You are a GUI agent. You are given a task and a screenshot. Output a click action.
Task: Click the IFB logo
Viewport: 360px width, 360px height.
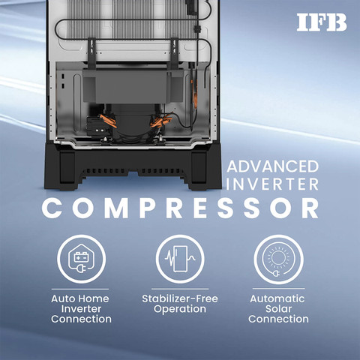(322, 22)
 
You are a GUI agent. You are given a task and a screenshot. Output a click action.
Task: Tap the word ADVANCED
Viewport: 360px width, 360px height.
(273, 166)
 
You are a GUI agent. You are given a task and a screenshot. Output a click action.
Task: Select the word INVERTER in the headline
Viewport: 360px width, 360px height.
(272, 184)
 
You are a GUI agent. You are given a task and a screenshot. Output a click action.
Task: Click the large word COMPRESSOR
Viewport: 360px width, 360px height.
(180, 208)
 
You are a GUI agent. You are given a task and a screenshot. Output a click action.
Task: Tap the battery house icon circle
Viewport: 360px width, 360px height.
(81, 259)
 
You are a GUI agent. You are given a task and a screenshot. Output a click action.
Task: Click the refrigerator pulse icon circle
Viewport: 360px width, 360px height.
(180, 259)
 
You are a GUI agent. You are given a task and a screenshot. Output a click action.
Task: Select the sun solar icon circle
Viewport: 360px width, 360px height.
(278, 259)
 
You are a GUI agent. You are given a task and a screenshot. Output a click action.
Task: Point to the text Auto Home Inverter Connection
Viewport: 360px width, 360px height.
(81, 309)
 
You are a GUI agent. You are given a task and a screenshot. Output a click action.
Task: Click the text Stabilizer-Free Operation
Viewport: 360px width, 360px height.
(180, 304)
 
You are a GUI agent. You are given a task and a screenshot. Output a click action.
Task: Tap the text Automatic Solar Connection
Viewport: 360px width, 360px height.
(278, 309)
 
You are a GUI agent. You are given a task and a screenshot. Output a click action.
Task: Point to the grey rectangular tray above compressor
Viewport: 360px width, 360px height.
(133, 85)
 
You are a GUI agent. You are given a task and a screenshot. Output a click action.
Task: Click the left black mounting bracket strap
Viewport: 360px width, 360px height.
(91, 53)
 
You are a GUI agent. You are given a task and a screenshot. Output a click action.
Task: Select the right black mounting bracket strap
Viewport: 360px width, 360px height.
(175, 53)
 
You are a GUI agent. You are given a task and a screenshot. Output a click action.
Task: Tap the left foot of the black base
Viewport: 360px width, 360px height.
(67, 170)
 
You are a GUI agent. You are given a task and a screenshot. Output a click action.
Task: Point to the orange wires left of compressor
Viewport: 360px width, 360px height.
(108, 121)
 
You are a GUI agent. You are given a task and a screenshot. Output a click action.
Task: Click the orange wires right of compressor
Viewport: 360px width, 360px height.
(161, 121)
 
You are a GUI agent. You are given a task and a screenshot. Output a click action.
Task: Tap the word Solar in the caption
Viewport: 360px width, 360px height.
(278, 309)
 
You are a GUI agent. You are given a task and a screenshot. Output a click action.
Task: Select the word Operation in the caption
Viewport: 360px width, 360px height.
(180, 310)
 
